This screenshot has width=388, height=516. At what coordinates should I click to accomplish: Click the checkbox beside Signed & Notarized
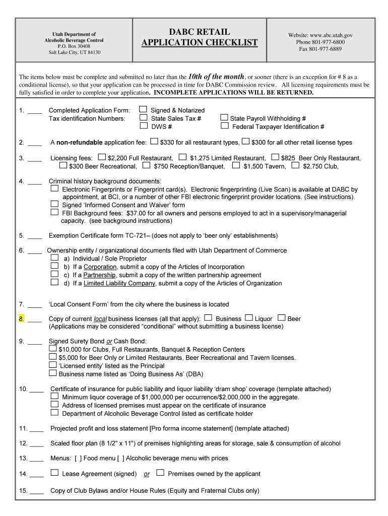coord(143,109)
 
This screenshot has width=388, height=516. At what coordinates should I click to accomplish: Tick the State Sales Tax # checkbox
coord(143,118)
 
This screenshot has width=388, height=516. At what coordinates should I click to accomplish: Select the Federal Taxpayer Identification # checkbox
coord(225,126)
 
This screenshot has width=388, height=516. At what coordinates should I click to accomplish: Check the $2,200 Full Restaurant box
coord(102,157)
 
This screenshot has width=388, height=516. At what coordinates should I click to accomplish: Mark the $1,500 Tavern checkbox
coord(236,165)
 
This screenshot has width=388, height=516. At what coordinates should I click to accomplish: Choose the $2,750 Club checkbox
coord(295,165)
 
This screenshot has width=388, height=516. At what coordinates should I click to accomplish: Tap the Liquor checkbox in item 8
coord(249,318)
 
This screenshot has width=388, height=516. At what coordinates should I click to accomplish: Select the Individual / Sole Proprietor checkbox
coord(54,258)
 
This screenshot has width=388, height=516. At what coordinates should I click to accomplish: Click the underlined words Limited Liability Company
coord(119,283)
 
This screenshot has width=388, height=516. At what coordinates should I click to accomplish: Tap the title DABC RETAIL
coord(199,32)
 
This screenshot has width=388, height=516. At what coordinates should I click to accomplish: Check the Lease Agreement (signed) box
coord(54,473)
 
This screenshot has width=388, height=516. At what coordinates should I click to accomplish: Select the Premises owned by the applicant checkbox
coord(160,473)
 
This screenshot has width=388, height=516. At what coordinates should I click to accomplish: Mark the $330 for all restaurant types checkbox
coord(154,142)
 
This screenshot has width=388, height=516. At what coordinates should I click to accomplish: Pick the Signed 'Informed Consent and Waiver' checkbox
coord(54,205)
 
